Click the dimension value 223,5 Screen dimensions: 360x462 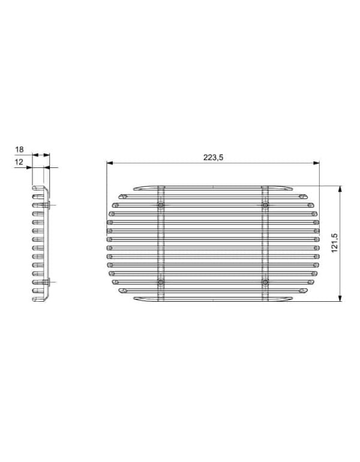click(213, 157)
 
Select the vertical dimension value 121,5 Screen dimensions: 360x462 click(334, 243)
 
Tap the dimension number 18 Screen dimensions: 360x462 click(19, 149)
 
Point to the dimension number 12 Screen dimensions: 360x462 click(19, 162)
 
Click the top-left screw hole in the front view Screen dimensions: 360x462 click(161, 205)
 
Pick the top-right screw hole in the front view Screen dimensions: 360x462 click(265, 205)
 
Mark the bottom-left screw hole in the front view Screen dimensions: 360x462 click(161, 282)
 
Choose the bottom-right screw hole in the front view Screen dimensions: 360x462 click(265, 282)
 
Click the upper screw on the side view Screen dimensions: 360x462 click(47, 205)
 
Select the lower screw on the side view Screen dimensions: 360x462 click(47, 282)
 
